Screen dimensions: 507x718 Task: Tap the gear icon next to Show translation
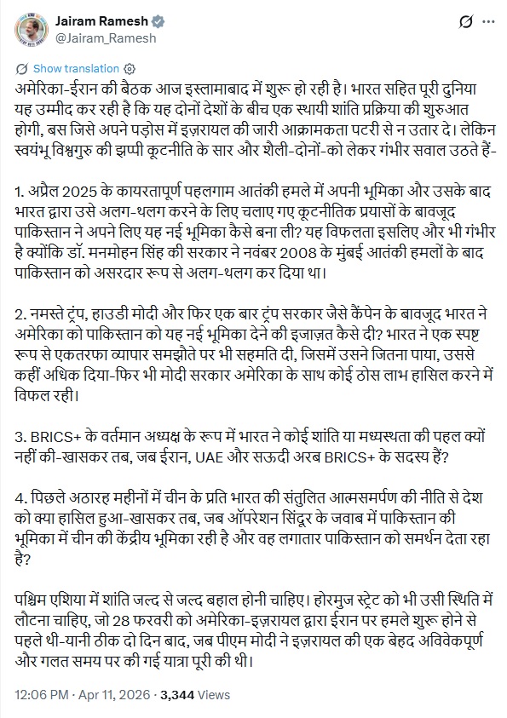pos(129,67)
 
